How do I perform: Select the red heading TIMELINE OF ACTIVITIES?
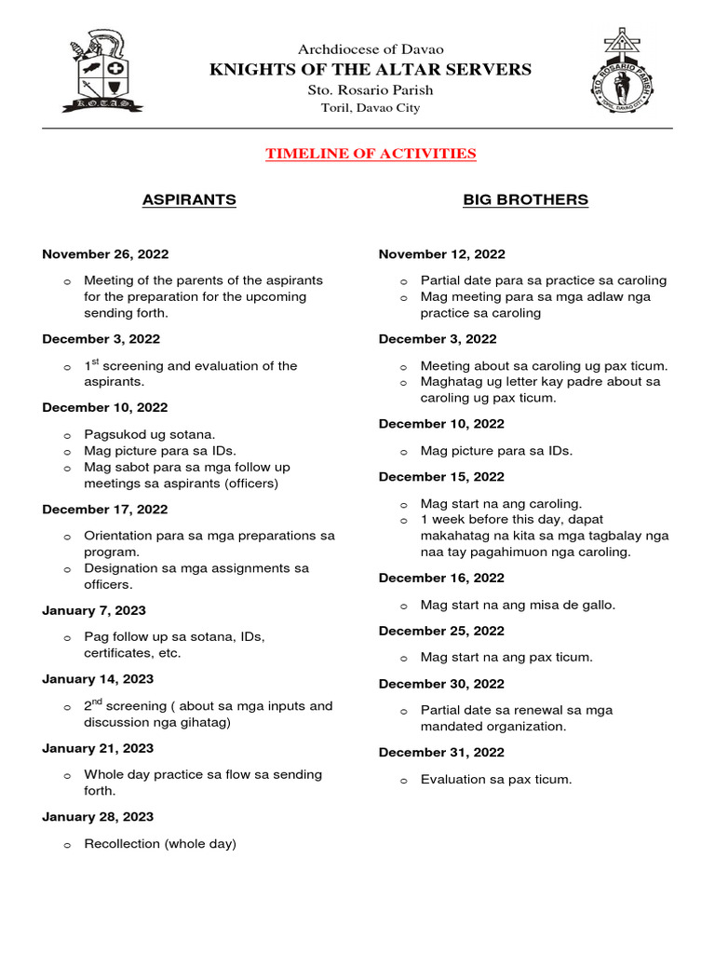click(371, 154)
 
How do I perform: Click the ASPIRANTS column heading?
click(188, 199)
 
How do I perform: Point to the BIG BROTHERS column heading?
click(525, 199)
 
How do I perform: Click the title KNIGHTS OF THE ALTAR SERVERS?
click(371, 69)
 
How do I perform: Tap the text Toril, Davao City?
click(371, 108)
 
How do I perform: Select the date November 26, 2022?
click(105, 253)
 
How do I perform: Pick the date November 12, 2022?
click(442, 253)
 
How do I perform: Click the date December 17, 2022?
click(105, 509)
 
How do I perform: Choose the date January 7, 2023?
click(94, 610)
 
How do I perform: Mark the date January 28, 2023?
click(98, 816)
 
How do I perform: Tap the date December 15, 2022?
click(442, 476)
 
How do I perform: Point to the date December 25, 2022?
click(442, 631)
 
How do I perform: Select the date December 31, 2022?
click(442, 752)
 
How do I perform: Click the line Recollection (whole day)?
click(160, 843)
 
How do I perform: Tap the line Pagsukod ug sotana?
click(150, 434)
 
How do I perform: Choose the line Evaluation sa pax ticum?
click(495, 779)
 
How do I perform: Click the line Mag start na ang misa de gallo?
click(518, 605)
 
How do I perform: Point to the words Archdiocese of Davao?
click(371, 48)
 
